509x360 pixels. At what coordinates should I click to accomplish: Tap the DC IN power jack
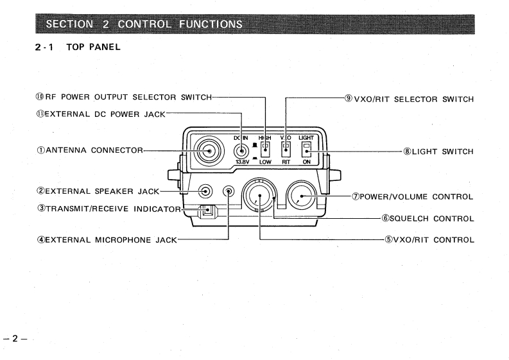tap(241, 151)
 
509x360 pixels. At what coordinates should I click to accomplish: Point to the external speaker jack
tap(205, 191)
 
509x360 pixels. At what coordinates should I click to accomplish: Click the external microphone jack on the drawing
tap(229, 191)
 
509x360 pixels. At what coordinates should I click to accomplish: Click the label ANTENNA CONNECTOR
tap(96, 151)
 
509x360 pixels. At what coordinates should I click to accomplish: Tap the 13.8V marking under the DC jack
tap(241, 171)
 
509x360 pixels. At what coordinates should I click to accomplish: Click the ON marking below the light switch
tap(307, 171)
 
